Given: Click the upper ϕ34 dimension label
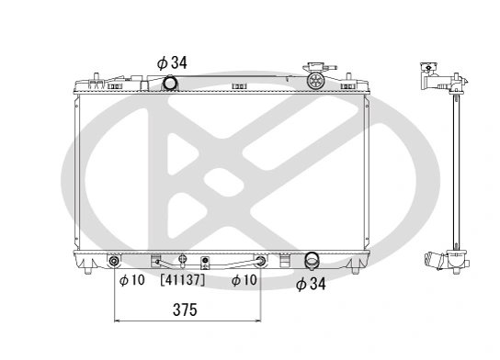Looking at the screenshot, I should click(173, 62).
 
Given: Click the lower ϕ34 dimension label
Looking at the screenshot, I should click(312, 285).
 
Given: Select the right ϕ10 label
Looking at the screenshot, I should click(243, 279).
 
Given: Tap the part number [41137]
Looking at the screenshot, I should click(183, 279).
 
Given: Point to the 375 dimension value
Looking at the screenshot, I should click(186, 310).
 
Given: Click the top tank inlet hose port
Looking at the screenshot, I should click(169, 84).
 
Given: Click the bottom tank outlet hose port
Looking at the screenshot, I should click(312, 261).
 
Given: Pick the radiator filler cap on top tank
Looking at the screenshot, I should click(316, 79).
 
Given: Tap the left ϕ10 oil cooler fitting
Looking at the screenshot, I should click(115, 262).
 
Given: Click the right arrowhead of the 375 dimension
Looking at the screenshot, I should click(257, 321).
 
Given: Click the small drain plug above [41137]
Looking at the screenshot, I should click(182, 260).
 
